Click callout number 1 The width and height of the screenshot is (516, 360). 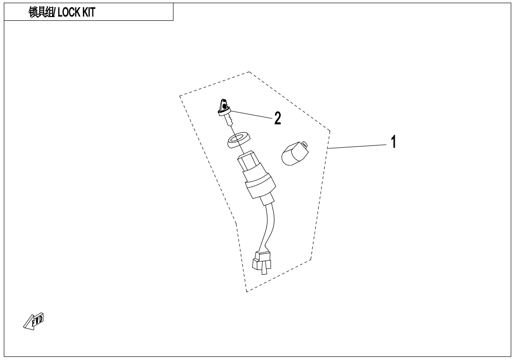392,141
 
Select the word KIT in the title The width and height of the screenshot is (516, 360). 89,12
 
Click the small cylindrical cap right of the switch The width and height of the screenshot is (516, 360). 294,154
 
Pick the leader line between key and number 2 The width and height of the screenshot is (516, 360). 250,114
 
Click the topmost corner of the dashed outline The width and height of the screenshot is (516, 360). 249,72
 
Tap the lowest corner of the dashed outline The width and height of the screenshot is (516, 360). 247,291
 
